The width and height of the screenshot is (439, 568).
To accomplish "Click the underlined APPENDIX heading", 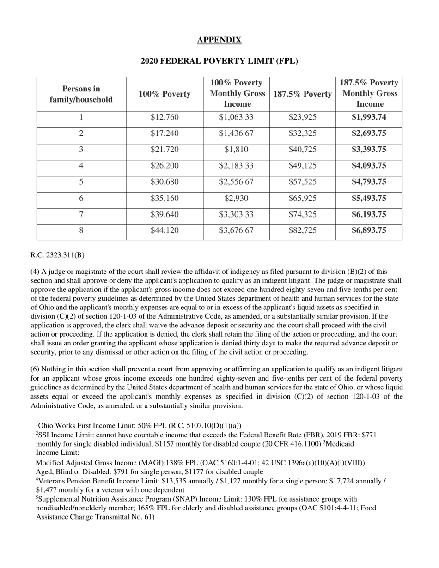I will [219, 40].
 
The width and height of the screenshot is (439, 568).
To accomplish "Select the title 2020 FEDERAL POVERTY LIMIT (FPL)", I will [219, 61].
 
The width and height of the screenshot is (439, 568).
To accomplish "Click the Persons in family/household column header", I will [81, 94].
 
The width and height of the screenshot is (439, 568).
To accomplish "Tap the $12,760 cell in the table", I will [165, 117].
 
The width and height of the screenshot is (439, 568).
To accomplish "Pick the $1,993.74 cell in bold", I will [369, 117].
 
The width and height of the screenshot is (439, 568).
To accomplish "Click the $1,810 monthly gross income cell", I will [236, 150].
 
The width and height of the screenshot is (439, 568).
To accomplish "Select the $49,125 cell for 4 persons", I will [302, 166].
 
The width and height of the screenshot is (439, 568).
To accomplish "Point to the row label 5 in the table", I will [81, 182].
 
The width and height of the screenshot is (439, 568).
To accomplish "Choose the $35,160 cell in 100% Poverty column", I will [165, 199].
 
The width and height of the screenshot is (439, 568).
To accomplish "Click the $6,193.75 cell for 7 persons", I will [369, 215].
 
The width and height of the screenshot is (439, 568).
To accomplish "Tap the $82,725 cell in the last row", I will [302, 230].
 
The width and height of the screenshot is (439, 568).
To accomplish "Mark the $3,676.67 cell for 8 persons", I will [236, 230].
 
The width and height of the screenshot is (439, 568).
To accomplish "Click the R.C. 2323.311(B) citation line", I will [57, 255].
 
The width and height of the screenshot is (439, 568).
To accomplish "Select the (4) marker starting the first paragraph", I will [35, 272].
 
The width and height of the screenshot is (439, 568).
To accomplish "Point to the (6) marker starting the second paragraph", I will [35, 369].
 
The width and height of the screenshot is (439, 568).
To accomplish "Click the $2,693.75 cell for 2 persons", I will [369, 133].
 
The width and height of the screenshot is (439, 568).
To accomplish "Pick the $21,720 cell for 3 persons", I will [165, 150].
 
